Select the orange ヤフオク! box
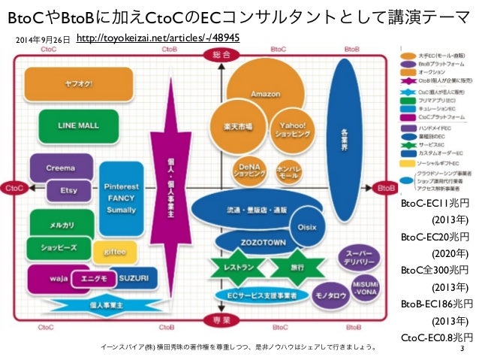click(58, 85)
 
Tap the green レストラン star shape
click(236, 267)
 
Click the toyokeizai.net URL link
click(158, 38)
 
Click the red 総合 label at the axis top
click(218, 56)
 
